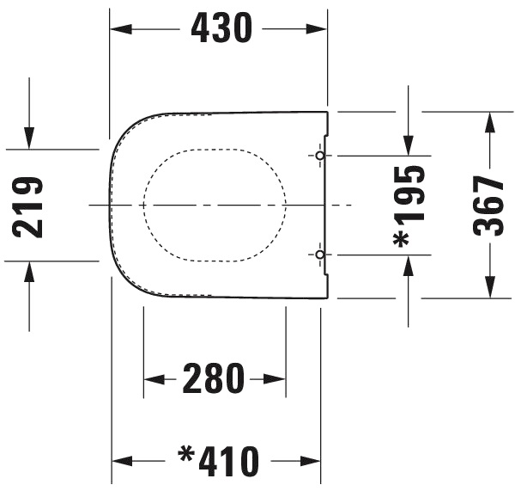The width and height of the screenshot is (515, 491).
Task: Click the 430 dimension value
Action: click(221, 29)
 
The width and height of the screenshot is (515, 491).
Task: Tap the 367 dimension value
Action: click(489, 206)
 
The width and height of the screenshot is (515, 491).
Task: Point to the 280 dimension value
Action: click(215, 378)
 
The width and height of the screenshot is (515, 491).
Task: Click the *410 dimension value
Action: click(219, 462)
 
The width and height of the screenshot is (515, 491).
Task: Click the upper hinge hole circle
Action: click(320, 156)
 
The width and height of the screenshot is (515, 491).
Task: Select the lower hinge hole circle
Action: click(320, 255)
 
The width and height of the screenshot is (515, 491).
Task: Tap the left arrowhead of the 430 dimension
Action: click(120, 29)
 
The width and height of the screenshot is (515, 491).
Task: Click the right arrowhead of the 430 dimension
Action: click(317, 29)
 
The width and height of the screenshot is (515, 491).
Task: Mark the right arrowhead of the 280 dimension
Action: click(276, 378)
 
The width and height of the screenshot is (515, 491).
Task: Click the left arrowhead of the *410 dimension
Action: click(123, 462)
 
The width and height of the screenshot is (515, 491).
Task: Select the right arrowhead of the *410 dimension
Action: click(310, 462)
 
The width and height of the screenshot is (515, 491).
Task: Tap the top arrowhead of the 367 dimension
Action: click(489, 122)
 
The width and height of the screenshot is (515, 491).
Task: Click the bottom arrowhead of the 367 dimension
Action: click(489, 287)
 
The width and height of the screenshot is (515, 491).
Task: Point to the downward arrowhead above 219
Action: click(30, 138)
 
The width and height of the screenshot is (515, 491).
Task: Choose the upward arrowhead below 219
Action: click(30, 272)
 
